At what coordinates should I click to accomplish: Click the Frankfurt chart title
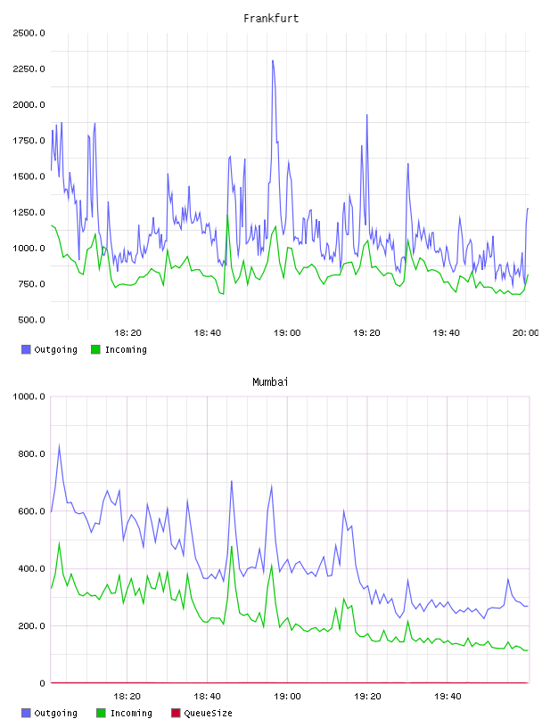[271, 18]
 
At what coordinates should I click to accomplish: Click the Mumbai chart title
[270, 381]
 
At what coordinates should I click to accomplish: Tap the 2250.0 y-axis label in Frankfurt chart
[29, 69]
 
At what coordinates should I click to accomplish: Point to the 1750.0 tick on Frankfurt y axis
[29, 141]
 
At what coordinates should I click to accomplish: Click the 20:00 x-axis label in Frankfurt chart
[525, 332]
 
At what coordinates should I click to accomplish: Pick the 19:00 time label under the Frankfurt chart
[287, 332]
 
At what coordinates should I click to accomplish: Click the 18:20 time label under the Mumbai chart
[127, 696]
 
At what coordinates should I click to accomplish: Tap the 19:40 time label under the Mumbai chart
[448, 696]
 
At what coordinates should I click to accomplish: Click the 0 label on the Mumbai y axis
[42, 683]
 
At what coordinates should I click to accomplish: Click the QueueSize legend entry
[201, 713]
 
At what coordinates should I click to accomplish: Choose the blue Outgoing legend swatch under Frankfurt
[26, 349]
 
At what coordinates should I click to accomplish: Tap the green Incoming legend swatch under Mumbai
[101, 713]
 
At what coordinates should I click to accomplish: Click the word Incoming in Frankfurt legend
[126, 349]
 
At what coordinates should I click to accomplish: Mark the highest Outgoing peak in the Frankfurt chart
[273, 61]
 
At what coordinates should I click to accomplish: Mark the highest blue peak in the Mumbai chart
[59, 445]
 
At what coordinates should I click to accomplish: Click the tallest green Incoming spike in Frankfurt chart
[227, 215]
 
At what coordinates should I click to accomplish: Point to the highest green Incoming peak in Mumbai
[59, 543]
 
